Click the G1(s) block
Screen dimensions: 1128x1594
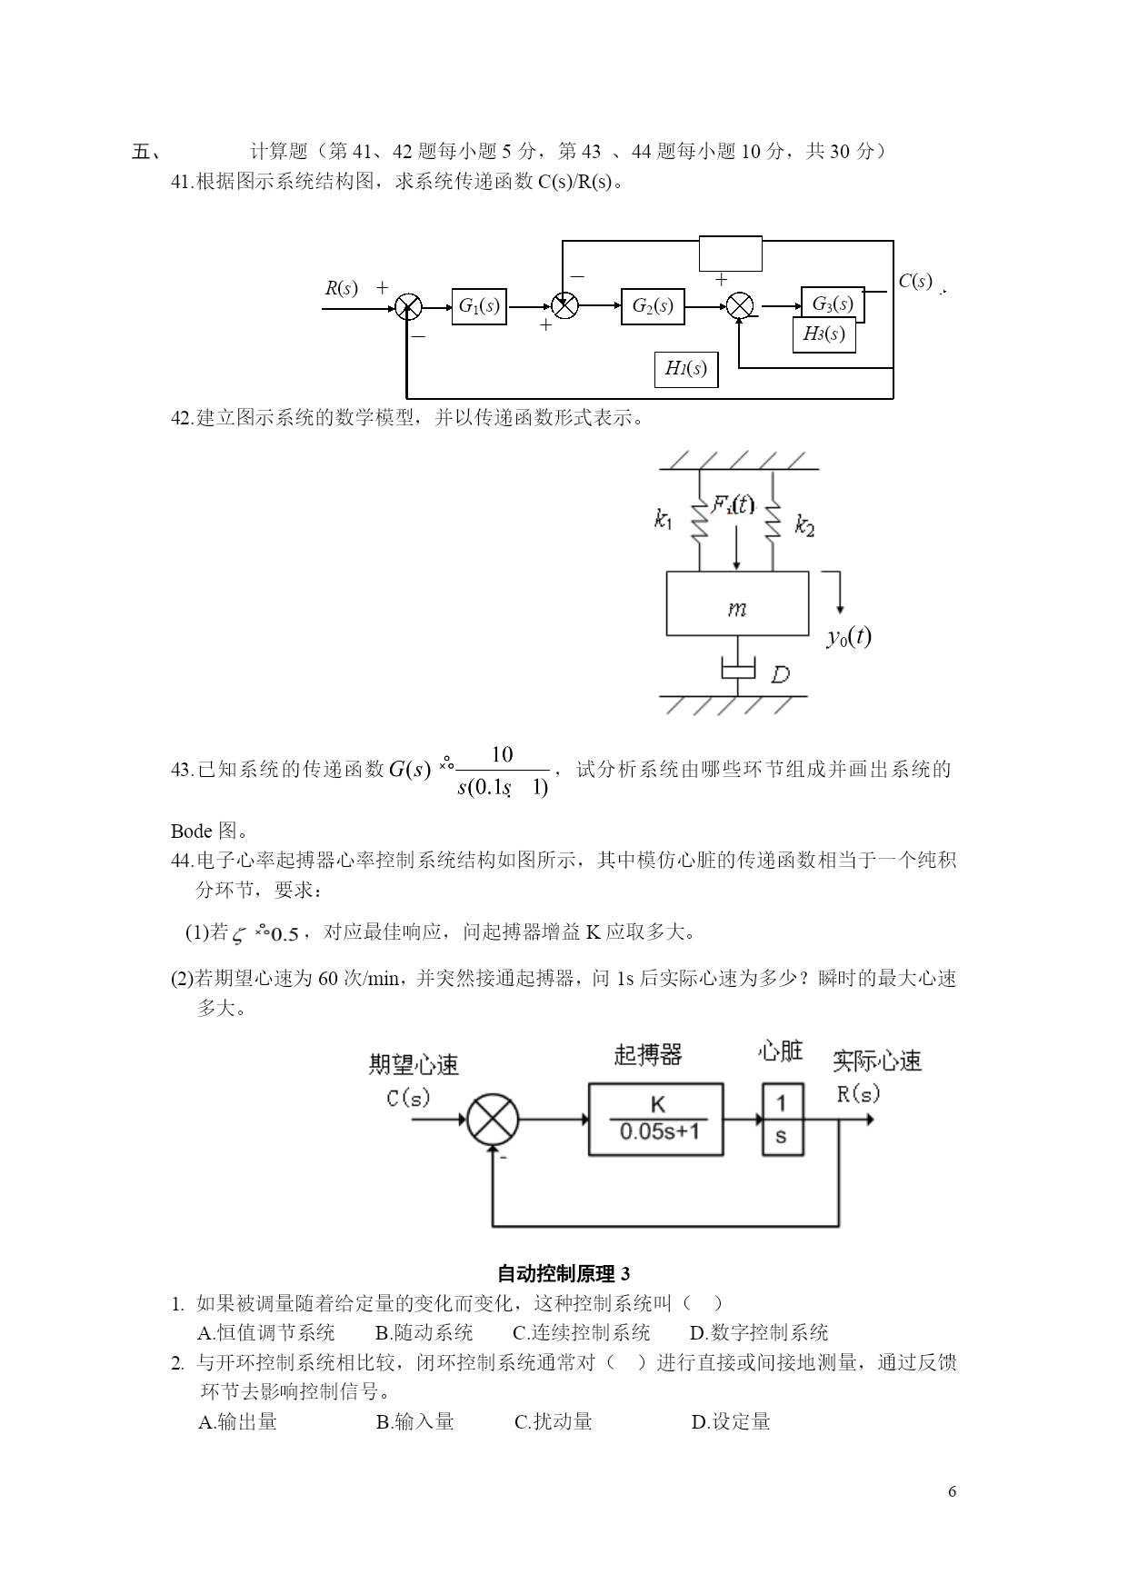(479, 306)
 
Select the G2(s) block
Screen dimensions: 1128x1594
(653, 306)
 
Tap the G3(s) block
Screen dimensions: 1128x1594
(833, 304)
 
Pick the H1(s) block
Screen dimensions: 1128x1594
(686, 369)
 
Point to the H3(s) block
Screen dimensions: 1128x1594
(824, 334)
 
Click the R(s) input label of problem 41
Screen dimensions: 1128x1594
(341, 289)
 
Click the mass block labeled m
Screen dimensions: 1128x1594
(737, 603)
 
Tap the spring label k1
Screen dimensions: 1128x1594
(664, 520)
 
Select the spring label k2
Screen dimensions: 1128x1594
(804, 524)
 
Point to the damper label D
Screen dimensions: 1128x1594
(780, 674)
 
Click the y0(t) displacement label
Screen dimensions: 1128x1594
(849, 637)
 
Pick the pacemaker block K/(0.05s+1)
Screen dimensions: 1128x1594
(656, 1119)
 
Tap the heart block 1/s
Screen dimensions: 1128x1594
(782, 1119)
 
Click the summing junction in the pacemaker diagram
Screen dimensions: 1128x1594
(493, 1119)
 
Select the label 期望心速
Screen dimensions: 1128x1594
(414, 1064)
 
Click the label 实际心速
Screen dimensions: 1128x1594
(877, 1061)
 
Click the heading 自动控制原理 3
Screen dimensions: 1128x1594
(564, 1274)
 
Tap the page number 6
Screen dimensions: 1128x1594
(952, 1491)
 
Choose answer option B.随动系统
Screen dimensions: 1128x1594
(424, 1333)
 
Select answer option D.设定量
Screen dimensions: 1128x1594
(731, 1421)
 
